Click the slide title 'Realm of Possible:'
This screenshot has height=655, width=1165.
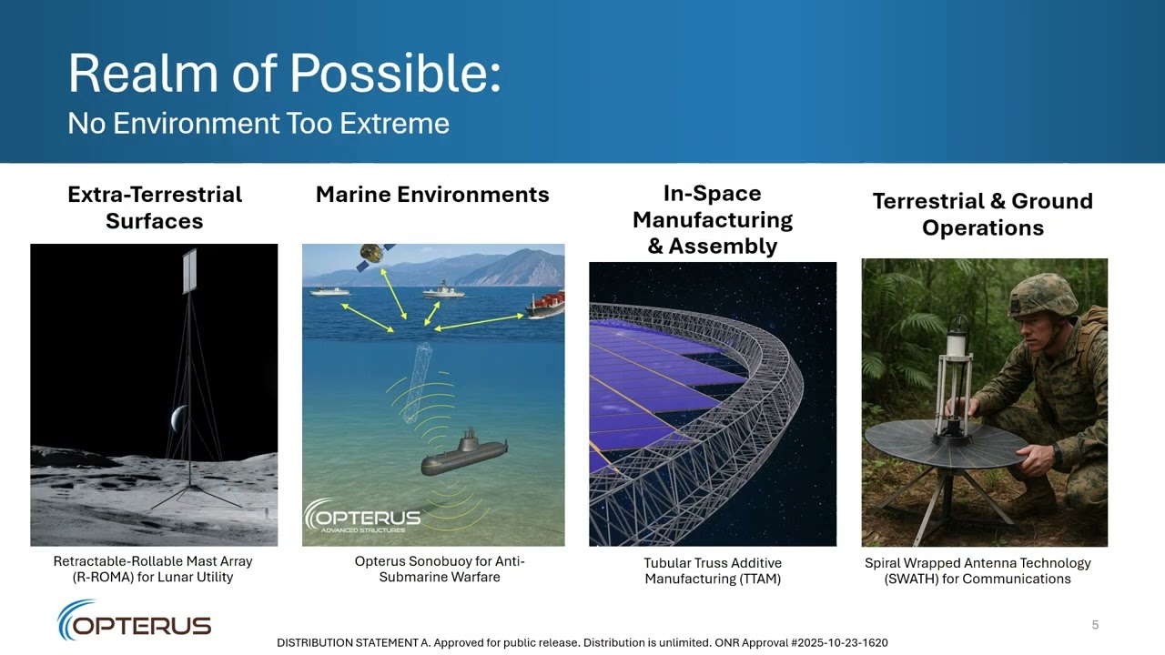(284, 74)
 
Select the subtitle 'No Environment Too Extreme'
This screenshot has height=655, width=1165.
(258, 124)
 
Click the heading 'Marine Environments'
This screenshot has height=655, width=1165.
(432, 195)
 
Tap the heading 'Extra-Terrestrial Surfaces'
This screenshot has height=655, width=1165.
(155, 207)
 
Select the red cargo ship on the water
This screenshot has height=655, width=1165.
(546, 303)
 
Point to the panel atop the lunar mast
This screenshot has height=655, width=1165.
(189, 271)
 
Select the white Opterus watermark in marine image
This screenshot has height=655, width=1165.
(362, 518)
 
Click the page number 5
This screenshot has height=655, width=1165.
(1095, 625)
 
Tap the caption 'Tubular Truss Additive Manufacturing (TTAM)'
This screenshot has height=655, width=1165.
(713, 571)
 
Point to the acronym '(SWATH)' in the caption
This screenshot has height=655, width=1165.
(911, 579)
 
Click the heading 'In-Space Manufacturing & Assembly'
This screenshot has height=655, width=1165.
(713, 219)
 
